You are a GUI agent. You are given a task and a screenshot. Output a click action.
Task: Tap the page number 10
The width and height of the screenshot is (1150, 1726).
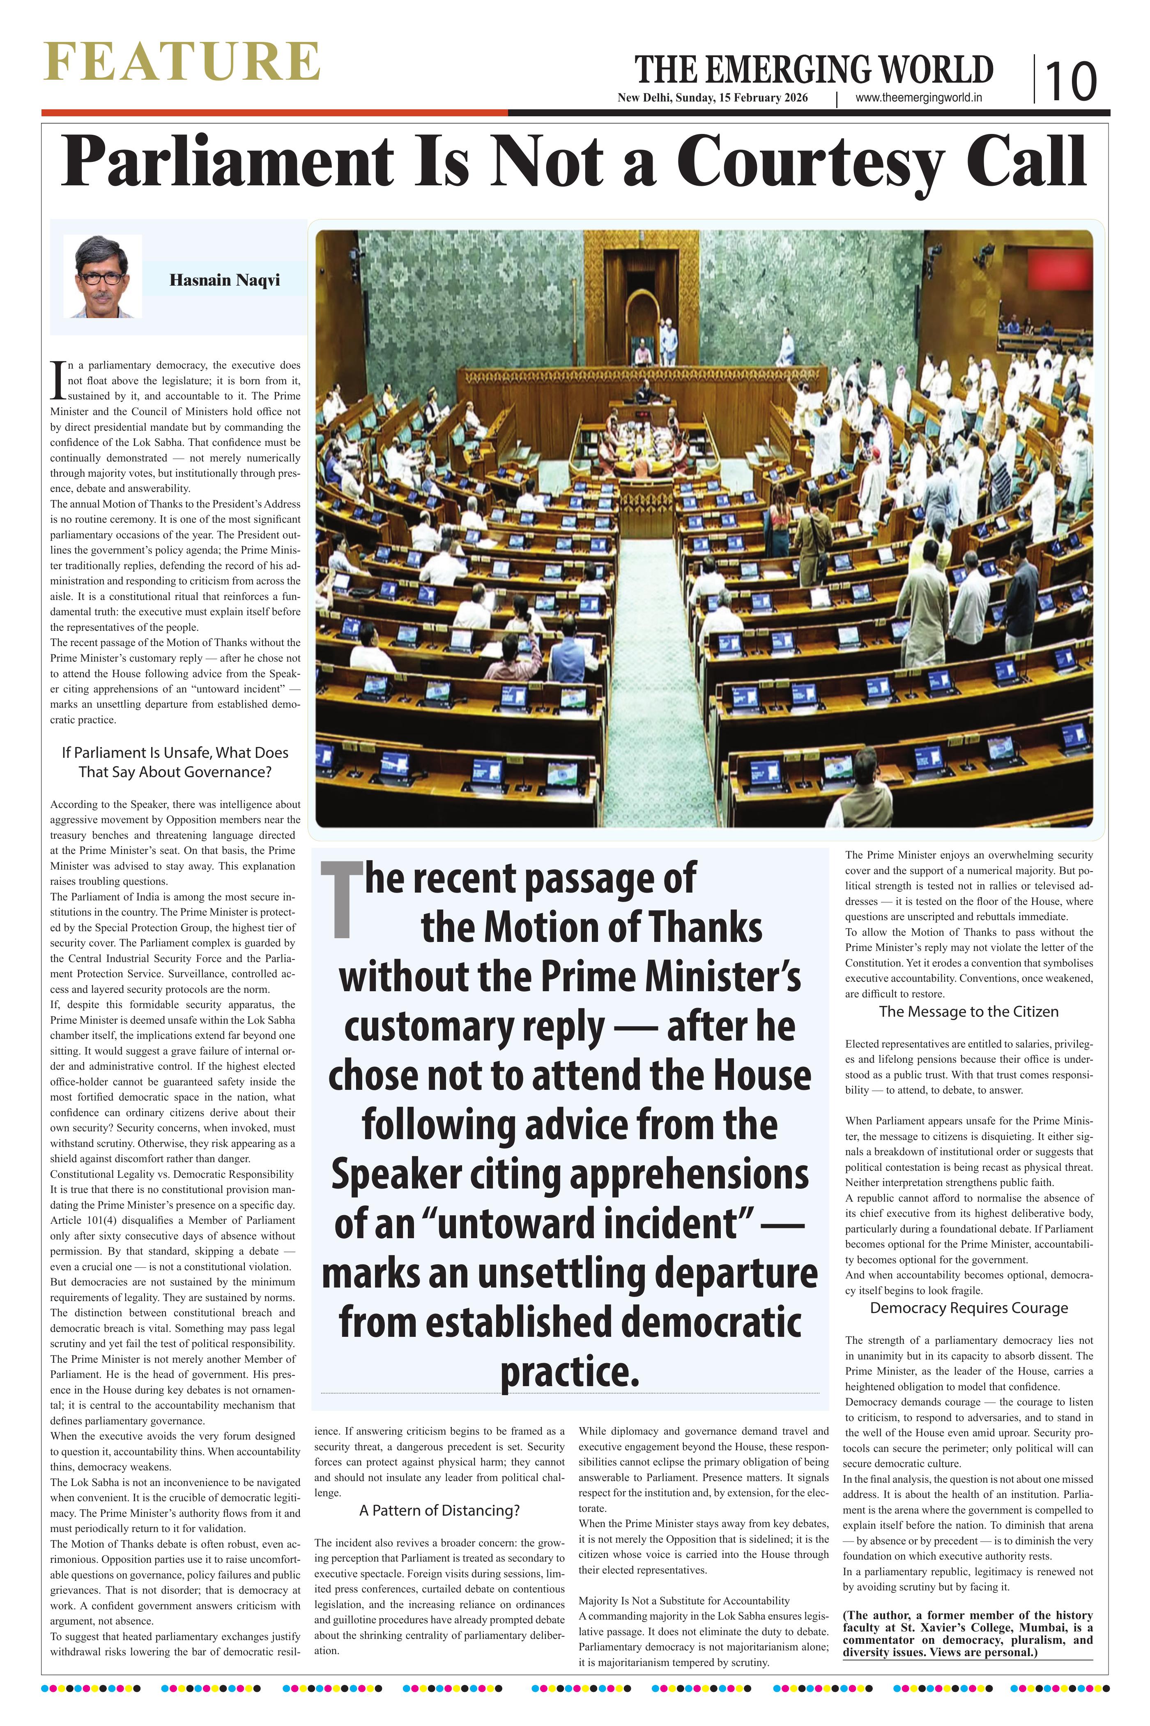point(1070,81)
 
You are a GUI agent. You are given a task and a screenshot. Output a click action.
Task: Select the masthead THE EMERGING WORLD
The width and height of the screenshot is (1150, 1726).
point(813,70)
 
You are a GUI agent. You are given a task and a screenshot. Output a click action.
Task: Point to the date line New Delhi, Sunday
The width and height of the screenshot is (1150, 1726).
point(712,98)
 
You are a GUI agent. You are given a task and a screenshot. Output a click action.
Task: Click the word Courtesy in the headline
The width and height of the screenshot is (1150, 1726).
point(810,163)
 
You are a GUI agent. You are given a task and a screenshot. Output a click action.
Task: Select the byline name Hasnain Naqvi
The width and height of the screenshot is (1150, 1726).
point(224,280)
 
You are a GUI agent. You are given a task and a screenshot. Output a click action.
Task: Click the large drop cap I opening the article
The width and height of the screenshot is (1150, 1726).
point(57,380)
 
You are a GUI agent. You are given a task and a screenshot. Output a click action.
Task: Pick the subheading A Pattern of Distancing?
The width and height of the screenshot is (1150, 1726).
point(439,1510)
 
